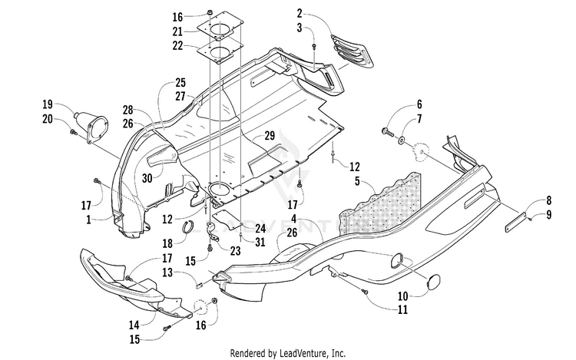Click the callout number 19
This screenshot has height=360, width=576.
tap(48, 104)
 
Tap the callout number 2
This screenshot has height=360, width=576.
tap(300, 14)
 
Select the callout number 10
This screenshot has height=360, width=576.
tap(403, 296)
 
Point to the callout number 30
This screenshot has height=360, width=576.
tap(147, 178)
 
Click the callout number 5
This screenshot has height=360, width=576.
tap(357, 181)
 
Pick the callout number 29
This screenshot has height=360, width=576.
tap(270, 135)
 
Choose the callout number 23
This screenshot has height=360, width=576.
tap(235, 251)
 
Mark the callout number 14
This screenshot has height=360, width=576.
tap(134, 325)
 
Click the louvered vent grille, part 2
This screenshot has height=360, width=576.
tap(353, 51)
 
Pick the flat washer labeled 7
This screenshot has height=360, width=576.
tap(401, 140)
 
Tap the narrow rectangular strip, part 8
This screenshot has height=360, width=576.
tap(515, 223)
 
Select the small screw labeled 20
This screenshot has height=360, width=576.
tap(73, 130)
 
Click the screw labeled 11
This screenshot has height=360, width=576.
tap(365, 292)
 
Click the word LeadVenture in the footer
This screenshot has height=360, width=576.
tap(303, 353)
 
